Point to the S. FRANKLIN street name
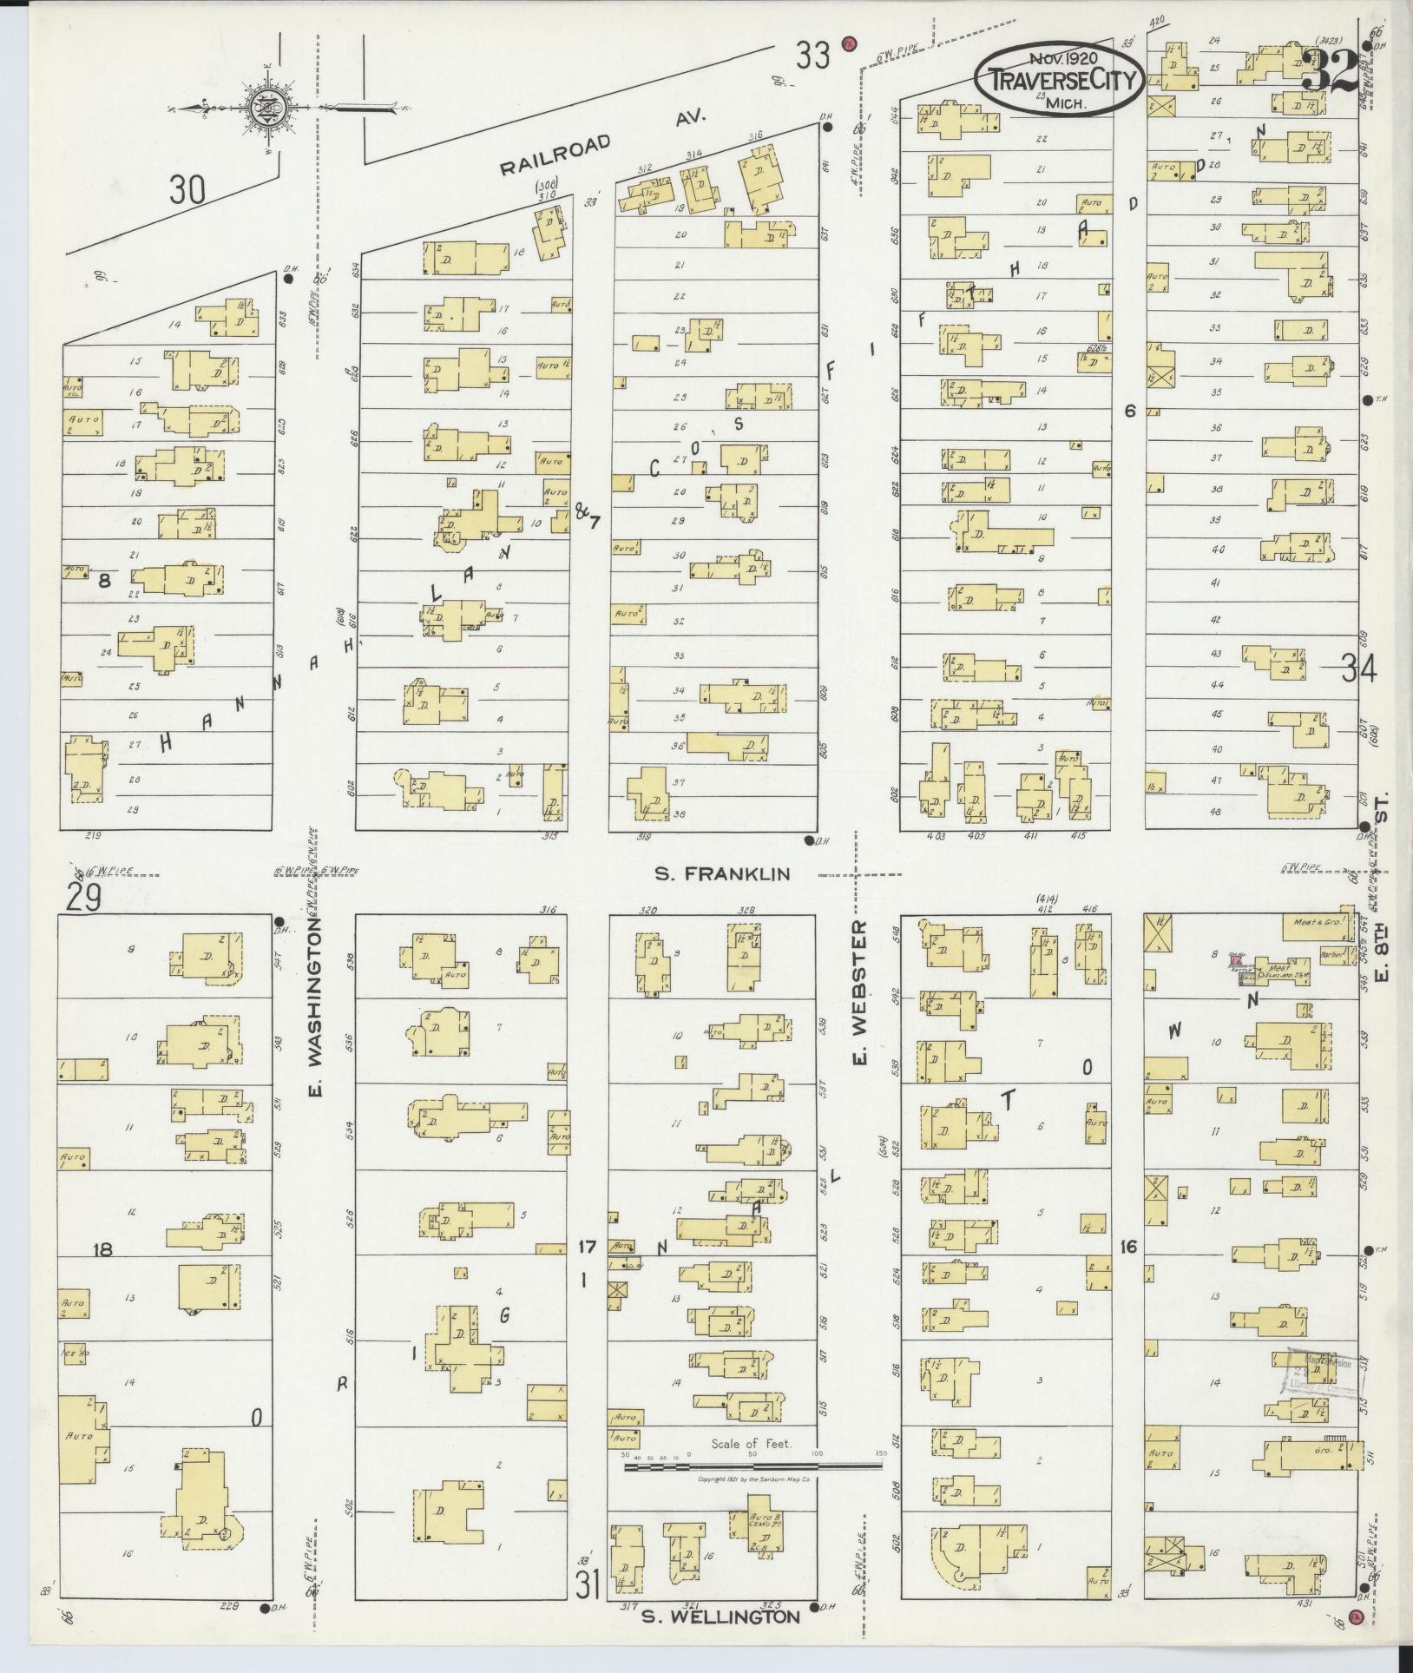[x=722, y=874]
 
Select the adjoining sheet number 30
[x=187, y=188]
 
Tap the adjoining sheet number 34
[x=1358, y=669]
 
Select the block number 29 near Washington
[x=80, y=897]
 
